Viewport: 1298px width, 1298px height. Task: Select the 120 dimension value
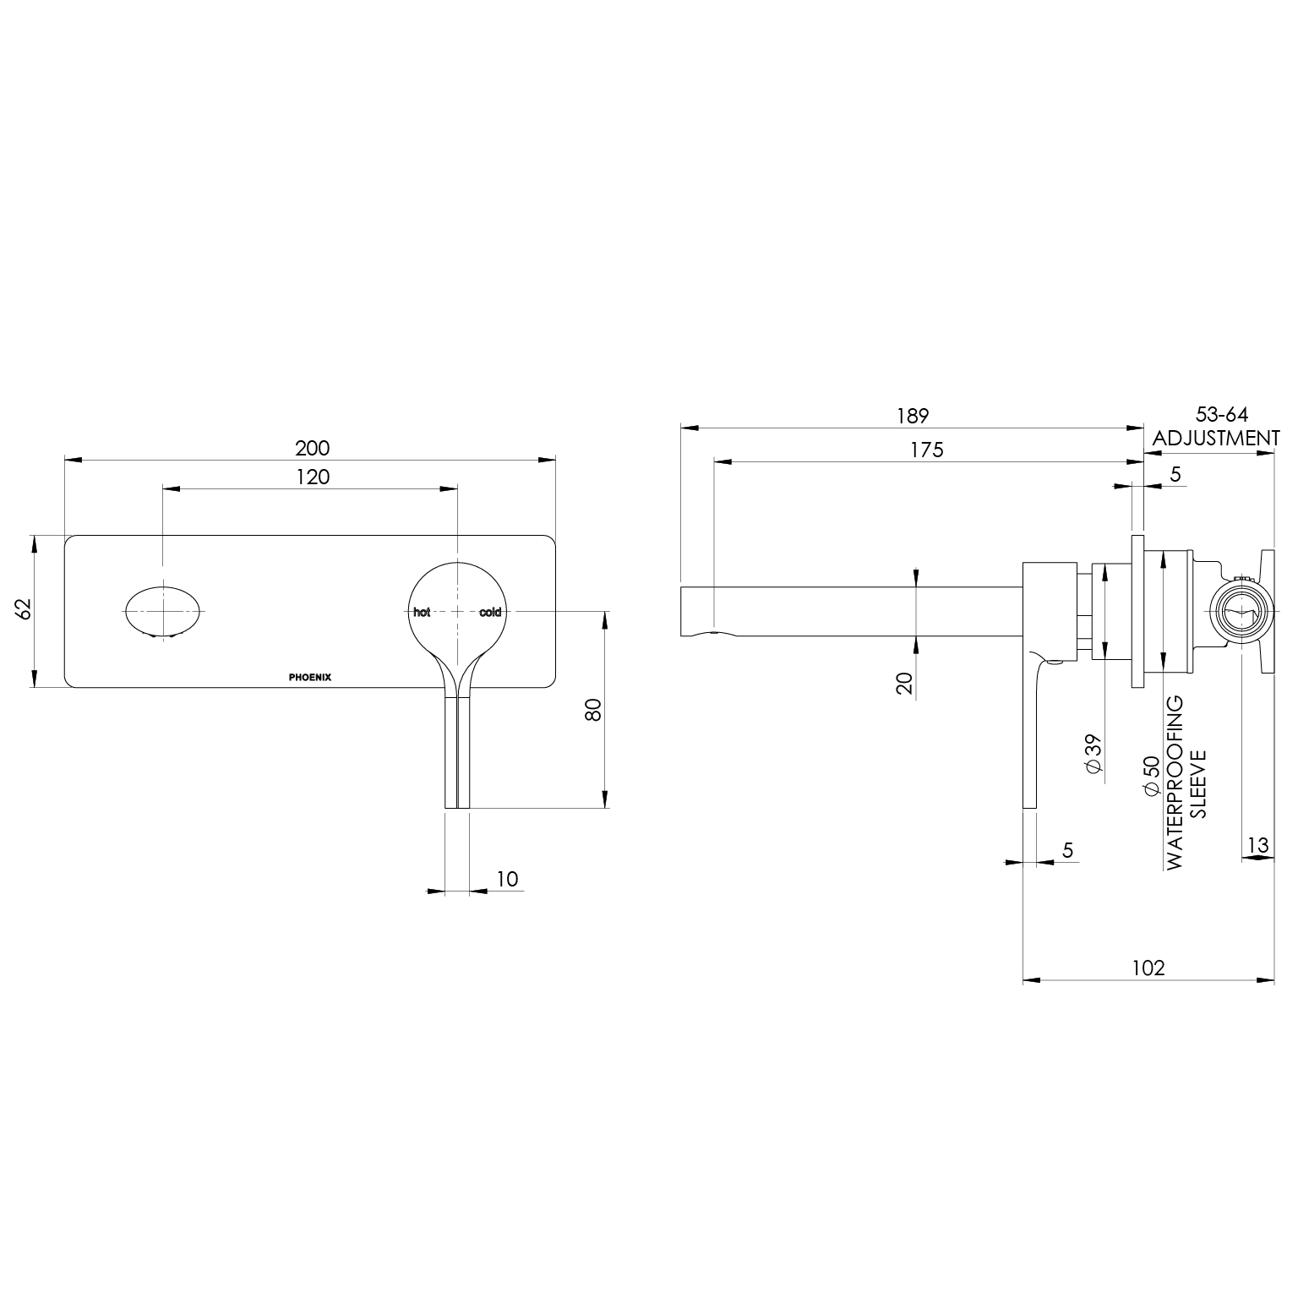313,477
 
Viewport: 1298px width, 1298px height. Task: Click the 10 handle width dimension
507,878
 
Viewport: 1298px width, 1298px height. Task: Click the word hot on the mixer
422,612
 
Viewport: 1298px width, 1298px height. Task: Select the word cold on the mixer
490,612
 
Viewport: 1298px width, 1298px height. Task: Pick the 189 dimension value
913,416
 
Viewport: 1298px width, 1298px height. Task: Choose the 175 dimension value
927,450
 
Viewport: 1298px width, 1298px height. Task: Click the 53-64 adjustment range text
1221,414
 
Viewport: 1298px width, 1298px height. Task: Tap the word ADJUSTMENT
1216,438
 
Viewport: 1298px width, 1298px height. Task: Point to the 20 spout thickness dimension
905,683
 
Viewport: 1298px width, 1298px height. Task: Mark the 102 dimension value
1148,968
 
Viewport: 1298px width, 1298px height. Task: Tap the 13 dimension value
1257,844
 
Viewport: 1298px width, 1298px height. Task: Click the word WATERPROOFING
1174,783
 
